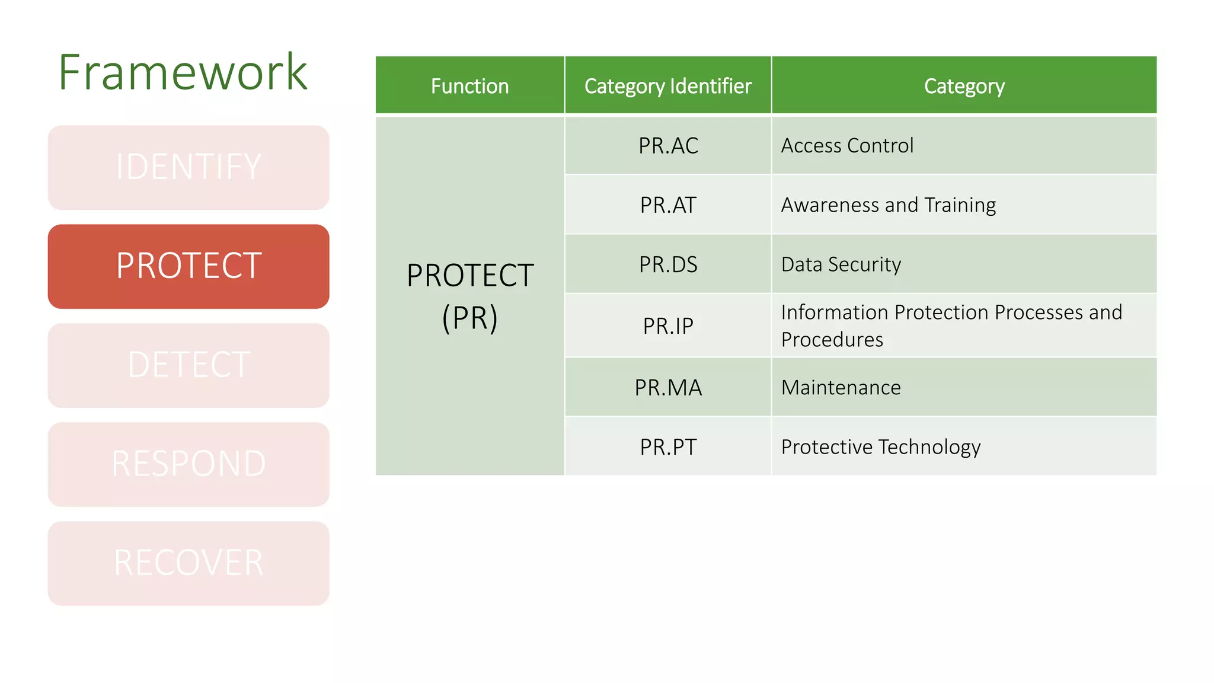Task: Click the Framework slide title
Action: (183, 72)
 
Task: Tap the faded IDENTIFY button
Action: (189, 167)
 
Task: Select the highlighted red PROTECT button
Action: (189, 266)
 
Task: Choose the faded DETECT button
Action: (189, 365)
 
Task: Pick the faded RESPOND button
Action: (189, 464)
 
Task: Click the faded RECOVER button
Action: (189, 563)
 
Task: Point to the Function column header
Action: (469, 86)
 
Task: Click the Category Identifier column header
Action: (668, 86)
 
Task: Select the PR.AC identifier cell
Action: (668, 146)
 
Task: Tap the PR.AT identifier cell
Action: (668, 205)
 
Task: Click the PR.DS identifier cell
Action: (668, 264)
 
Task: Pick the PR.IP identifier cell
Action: (668, 326)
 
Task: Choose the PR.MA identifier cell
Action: (668, 388)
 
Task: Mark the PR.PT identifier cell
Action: (668, 447)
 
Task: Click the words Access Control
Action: (847, 146)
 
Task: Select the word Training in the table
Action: (960, 205)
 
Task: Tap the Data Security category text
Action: (841, 264)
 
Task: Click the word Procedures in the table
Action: (832, 340)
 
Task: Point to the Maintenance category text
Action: (841, 388)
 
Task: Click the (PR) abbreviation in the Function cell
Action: (469, 318)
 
